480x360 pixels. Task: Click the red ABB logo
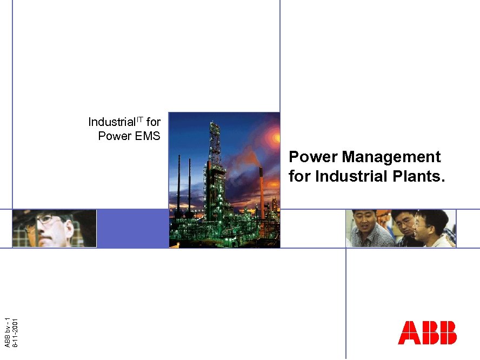[427, 332]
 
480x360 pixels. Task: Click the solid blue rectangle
[132, 229]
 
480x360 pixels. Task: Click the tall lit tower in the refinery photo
[215, 162]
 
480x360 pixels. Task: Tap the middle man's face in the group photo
[402, 219]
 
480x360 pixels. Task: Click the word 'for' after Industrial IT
[153, 122]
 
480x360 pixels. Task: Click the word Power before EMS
[115, 136]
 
